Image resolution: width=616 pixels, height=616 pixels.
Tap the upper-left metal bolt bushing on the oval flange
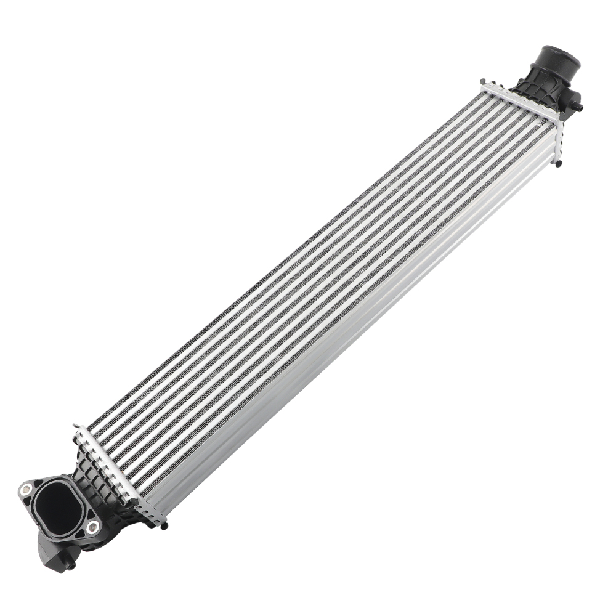point(26,490)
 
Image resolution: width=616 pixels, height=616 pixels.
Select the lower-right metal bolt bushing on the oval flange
point(92,525)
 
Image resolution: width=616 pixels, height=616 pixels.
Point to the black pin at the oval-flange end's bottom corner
point(163,525)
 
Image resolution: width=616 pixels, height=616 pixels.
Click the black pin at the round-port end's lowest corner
point(557,165)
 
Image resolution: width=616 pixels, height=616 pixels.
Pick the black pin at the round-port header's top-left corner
point(484,82)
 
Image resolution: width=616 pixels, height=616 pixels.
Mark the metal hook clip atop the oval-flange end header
point(76,427)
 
